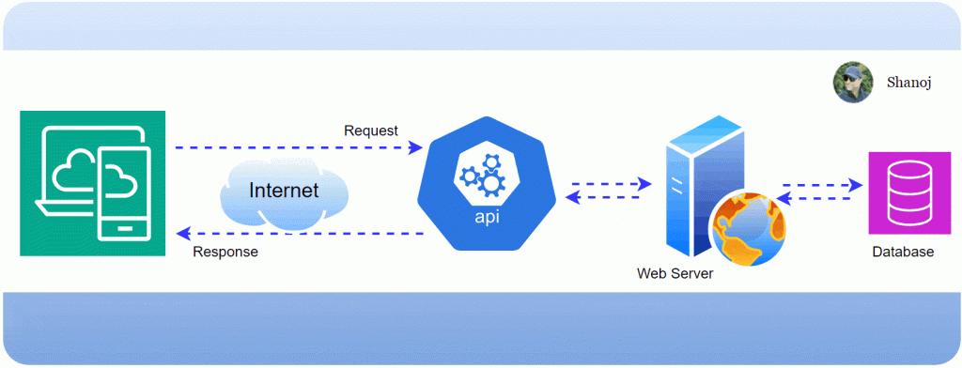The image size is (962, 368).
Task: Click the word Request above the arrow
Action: coord(370,130)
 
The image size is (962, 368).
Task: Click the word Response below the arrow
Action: coord(225,253)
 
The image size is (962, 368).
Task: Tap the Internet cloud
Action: coord(283,191)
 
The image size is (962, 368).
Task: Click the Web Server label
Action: coord(675,274)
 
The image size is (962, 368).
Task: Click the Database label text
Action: coord(903,253)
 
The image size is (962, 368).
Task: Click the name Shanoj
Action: coord(908,83)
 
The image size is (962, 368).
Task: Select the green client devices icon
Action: coord(92,183)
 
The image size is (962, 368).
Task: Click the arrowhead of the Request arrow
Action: coord(415,148)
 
